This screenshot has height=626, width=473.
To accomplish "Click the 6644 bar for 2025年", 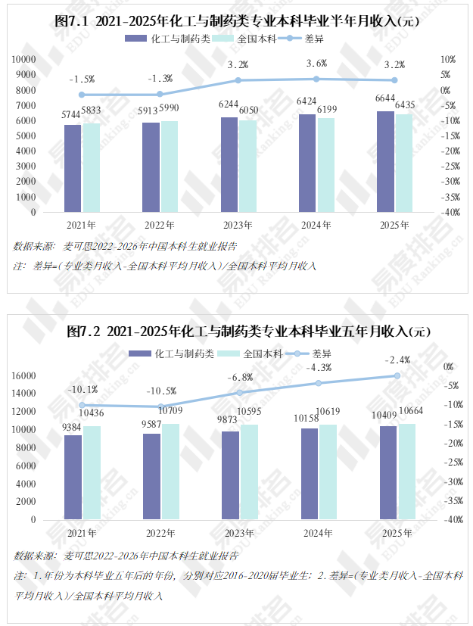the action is [x=385, y=162].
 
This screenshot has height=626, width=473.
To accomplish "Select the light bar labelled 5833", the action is [x=92, y=168].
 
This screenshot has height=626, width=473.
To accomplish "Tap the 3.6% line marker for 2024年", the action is [x=316, y=79].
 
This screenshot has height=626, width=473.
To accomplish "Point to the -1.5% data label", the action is [x=82, y=79].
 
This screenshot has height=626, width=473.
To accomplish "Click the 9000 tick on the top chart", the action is [x=26, y=75].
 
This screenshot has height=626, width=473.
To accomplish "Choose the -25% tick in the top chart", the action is [x=450, y=166].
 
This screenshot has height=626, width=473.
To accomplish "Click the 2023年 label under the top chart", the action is [x=238, y=225].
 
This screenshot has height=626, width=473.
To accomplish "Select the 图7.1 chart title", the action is [x=237, y=20].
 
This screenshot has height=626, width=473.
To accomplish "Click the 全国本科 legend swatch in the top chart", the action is [x=222, y=39].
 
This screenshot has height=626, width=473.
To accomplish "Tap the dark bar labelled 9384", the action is [x=73, y=478].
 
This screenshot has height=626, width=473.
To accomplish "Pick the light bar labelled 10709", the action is [x=170, y=472].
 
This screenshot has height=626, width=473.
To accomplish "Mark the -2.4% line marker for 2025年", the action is [x=397, y=375].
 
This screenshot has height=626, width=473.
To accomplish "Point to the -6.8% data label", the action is [x=240, y=377].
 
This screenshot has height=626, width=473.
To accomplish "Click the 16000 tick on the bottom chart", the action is [x=23, y=375].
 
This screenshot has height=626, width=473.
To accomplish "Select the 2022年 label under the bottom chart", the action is [x=160, y=534].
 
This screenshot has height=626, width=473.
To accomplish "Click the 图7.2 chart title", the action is [x=248, y=332].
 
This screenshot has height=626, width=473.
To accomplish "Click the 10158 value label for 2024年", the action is [x=307, y=418].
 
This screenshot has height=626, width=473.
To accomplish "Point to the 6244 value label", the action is [x=229, y=104].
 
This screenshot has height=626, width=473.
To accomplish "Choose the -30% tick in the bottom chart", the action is [x=454, y=482].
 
